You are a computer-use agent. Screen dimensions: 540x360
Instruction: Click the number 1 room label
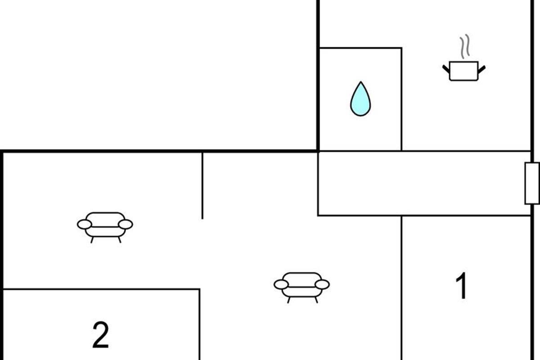(462, 285)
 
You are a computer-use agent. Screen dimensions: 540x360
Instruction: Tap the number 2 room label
(100, 335)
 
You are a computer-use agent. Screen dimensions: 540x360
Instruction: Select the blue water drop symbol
(360, 99)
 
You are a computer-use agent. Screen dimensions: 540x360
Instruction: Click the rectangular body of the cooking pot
(463, 71)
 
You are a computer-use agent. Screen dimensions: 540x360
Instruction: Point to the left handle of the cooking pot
(446, 69)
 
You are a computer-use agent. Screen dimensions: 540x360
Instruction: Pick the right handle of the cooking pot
(481, 69)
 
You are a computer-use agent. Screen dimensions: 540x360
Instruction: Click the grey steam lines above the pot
(465, 46)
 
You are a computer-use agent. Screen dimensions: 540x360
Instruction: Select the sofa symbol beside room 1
(301, 288)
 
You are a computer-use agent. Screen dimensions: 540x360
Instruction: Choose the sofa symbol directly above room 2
(105, 228)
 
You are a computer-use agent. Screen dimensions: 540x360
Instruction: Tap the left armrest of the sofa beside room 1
(281, 284)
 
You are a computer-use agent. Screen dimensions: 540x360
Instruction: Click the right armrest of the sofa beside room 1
(322, 284)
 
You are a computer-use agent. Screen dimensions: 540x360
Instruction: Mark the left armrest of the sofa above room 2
(85, 225)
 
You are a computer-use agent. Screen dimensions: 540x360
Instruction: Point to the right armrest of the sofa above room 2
(126, 225)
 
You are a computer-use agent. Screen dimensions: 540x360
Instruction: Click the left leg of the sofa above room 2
(92, 240)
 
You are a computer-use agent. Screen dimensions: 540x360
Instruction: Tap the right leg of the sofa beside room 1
(316, 300)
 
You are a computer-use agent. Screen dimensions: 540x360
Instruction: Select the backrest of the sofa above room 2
(105, 220)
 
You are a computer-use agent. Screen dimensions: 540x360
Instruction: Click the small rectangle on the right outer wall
(532, 184)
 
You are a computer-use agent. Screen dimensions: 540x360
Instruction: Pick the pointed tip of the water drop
(360, 82)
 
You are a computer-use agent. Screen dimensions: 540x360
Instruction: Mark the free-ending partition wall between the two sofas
(202, 186)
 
